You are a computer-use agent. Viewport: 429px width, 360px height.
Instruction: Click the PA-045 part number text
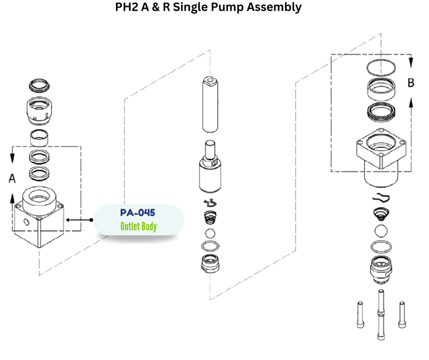[138, 212]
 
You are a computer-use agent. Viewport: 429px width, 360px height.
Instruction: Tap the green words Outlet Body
[138, 226]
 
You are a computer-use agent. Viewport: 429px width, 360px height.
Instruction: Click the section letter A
[12, 179]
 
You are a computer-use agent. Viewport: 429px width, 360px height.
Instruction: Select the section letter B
[411, 83]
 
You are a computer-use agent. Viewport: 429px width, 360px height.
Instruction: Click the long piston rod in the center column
[210, 105]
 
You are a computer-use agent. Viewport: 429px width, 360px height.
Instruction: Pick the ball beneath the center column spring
[210, 233]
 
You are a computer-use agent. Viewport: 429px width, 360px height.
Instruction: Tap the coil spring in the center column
[210, 217]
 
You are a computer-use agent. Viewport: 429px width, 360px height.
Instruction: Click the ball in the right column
[381, 231]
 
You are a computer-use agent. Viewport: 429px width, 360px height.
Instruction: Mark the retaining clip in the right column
[381, 198]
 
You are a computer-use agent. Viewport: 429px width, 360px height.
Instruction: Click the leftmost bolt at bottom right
[360, 314]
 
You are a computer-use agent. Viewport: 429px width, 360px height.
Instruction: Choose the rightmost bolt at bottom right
[402, 314]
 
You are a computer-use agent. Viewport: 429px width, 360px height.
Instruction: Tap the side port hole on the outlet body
[26, 222]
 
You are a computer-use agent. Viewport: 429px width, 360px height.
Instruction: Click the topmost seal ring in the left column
[39, 85]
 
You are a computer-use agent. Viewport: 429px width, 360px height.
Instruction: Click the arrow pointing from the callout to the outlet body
[79, 220]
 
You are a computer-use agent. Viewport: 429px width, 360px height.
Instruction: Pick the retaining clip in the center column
[210, 203]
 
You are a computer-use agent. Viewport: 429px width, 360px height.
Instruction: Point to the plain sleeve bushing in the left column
[39, 137]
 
